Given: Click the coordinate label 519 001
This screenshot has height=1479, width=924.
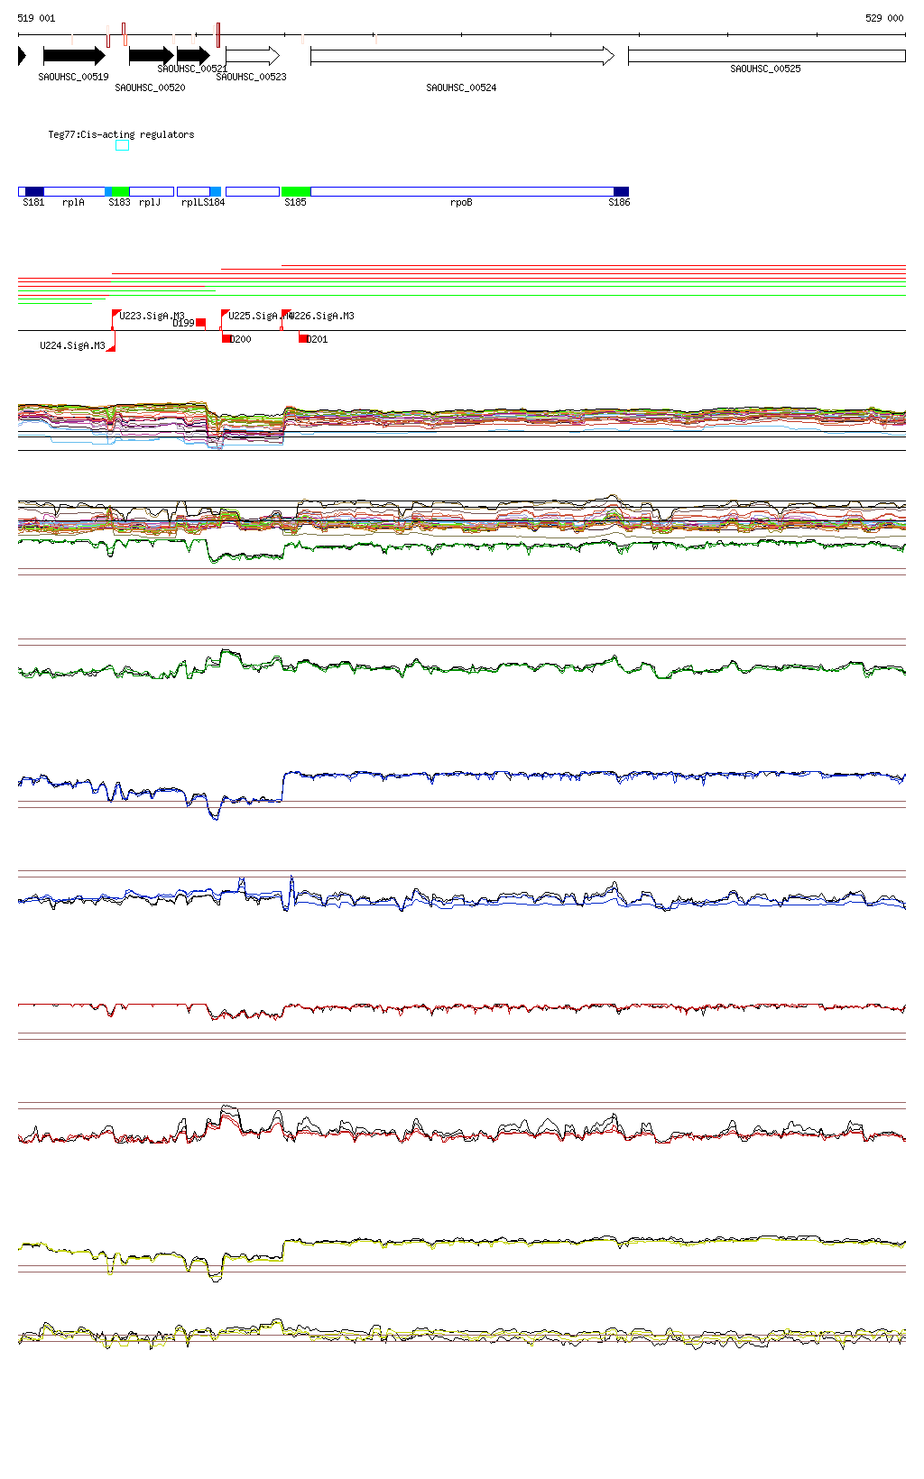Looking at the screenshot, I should tap(36, 18).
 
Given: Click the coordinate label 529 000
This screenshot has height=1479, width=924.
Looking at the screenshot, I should tap(883, 18).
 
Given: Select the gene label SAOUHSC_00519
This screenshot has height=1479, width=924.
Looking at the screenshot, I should tap(73, 77).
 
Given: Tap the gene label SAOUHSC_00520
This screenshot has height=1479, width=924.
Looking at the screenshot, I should tap(150, 87).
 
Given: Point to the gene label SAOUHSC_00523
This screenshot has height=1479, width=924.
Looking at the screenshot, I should tap(251, 77).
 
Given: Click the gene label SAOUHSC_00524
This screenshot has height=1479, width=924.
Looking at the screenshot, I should tap(461, 87).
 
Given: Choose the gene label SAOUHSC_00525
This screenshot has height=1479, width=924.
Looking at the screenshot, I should tap(765, 69).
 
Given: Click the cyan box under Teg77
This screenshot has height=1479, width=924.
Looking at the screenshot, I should tap(122, 145).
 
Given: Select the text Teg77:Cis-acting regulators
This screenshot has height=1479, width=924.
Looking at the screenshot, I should tap(121, 134).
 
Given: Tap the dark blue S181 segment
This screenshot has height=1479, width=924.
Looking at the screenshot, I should tap(34, 191).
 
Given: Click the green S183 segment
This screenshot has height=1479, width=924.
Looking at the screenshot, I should tap(120, 191).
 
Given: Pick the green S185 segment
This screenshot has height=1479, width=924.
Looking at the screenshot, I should tap(295, 191).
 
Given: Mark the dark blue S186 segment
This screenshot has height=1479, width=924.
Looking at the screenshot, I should tap(621, 191).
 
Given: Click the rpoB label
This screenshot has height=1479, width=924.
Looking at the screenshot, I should tap(461, 202).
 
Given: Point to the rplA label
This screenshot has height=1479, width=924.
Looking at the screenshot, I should tap(73, 202).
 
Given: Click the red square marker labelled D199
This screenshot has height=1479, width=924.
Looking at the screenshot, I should tap(200, 322).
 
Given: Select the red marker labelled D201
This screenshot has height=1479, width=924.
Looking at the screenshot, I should tap(303, 339).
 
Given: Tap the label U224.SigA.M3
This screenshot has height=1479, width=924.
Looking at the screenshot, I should tap(72, 345).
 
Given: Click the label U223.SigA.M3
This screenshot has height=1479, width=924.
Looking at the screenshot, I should tap(152, 316).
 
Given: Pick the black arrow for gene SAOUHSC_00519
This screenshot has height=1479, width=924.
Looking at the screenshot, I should tap(74, 56).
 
